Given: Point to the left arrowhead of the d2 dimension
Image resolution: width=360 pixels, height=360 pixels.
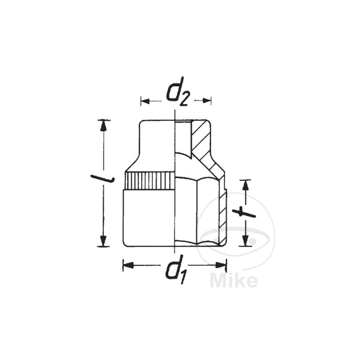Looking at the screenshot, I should point(144,101).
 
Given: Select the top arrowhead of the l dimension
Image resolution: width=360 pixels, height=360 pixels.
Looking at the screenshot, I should point(104,126).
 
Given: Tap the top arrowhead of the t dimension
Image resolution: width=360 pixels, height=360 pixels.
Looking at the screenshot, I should point(245,185).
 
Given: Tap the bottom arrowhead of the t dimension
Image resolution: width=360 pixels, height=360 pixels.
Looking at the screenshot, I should point(245,241).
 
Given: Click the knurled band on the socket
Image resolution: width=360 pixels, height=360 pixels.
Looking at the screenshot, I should point(149,181).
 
